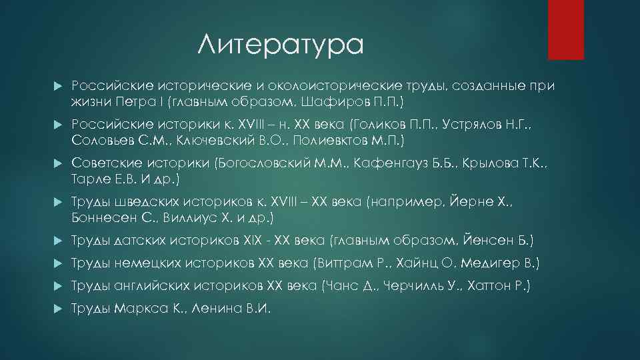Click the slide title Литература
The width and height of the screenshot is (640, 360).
[281, 45]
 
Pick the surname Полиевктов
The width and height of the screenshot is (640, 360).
[333, 141]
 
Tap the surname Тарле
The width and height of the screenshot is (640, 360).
[91, 179]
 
